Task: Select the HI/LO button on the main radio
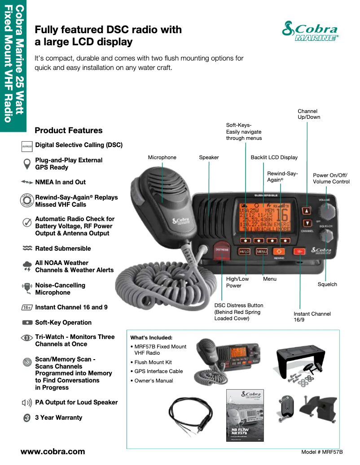tap(244, 252)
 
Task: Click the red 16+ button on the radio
tap(299, 252)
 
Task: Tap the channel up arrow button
tap(307, 210)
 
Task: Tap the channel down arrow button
tap(307, 223)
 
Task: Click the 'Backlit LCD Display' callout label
tap(274, 157)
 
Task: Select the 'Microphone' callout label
tap(162, 157)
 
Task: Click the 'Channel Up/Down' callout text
tap(309, 114)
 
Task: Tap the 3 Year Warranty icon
tap(26, 418)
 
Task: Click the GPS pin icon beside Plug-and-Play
tap(27, 163)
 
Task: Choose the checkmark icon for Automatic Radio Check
tap(27, 222)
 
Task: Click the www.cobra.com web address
tap(53, 452)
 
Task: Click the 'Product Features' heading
tap(68, 130)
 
